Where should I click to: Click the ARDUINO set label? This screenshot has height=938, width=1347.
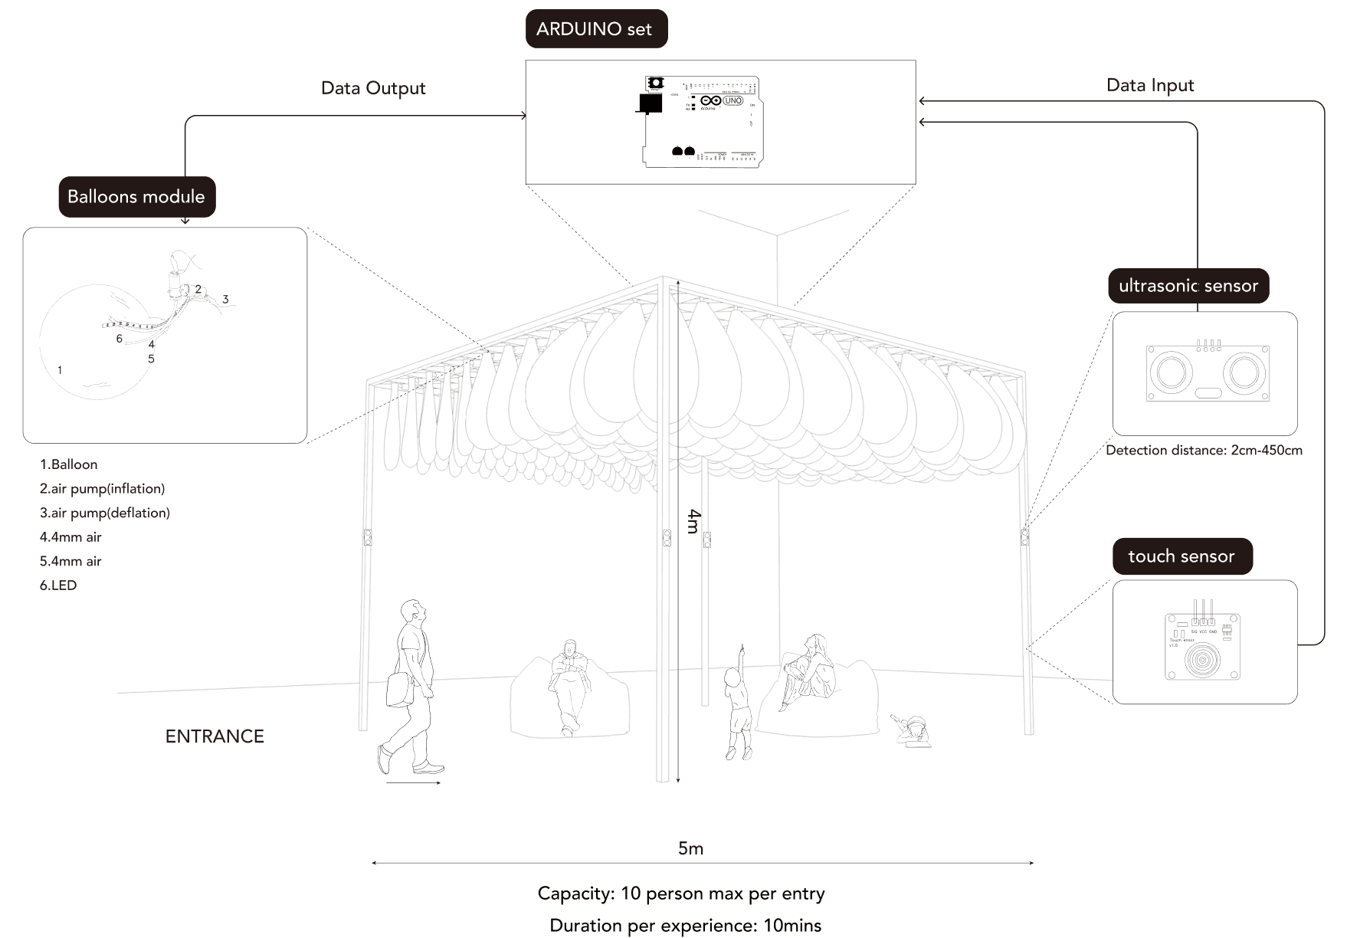(596, 29)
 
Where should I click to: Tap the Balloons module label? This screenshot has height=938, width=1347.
(136, 197)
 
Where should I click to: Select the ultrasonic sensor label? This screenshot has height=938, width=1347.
(1188, 286)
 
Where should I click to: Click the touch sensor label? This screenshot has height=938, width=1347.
(1181, 556)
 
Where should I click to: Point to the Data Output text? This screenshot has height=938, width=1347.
(372, 88)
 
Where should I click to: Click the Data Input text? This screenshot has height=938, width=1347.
(1149, 85)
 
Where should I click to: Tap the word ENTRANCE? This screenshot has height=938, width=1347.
(215, 736)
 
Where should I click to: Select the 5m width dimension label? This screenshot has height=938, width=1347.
(690, 848)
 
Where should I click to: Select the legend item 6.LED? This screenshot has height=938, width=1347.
(58, 585)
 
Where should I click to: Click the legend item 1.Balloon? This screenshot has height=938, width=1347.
(69, 464)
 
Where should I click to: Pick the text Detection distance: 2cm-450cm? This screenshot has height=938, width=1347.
(1204, 451)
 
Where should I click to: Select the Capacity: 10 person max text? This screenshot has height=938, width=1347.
(680, 894)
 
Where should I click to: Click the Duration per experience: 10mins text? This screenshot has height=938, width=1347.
(685, 926)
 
